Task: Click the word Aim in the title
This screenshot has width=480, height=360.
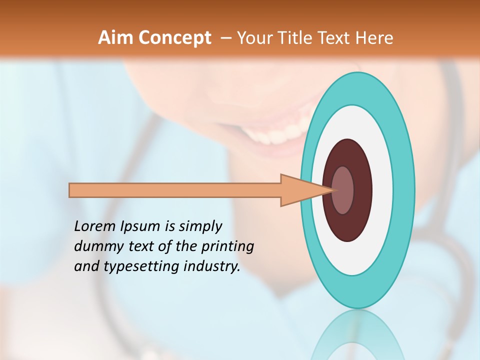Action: (x=114, y=37)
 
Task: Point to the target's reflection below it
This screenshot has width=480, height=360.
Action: (x=357, y=335)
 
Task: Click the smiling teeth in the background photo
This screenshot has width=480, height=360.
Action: (x=272, y=135)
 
